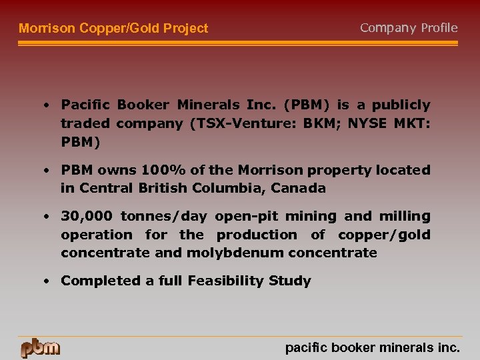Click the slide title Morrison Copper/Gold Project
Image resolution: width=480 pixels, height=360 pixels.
click(x=113, y=29)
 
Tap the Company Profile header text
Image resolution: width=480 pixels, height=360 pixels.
click(x=409, y=28)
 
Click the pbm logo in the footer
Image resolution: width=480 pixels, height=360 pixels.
click(x=40, y=347)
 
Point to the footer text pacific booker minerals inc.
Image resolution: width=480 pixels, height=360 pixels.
click(x=372, y=347)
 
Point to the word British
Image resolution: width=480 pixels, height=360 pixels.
click(x=164, y=188)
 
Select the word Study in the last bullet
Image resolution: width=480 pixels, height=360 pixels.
click(x=289, y=281)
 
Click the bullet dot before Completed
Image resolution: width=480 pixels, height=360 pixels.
click(x=47, y=281)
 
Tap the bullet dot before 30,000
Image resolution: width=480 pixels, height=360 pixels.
click(x=47, y=216)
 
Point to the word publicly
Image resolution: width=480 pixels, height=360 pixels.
click(x=401, y=105)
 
